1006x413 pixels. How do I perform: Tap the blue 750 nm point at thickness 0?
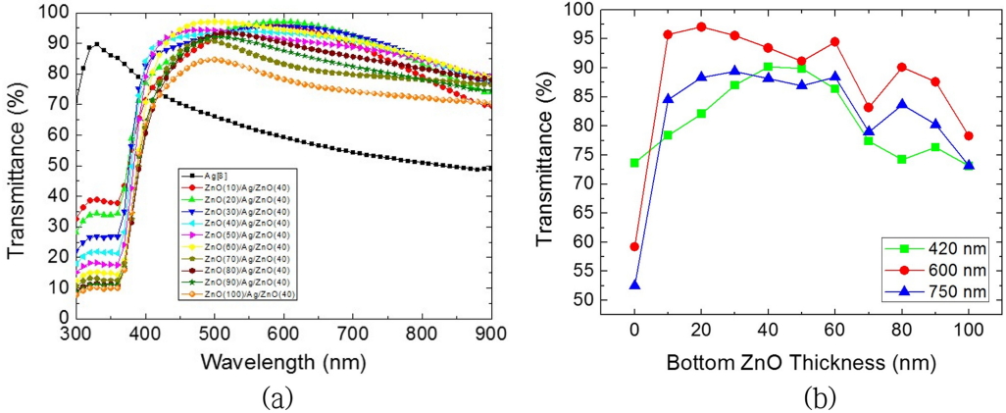[634, 285]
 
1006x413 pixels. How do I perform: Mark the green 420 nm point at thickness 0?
[634, 163]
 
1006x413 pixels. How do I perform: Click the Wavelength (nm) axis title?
[284, 362]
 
